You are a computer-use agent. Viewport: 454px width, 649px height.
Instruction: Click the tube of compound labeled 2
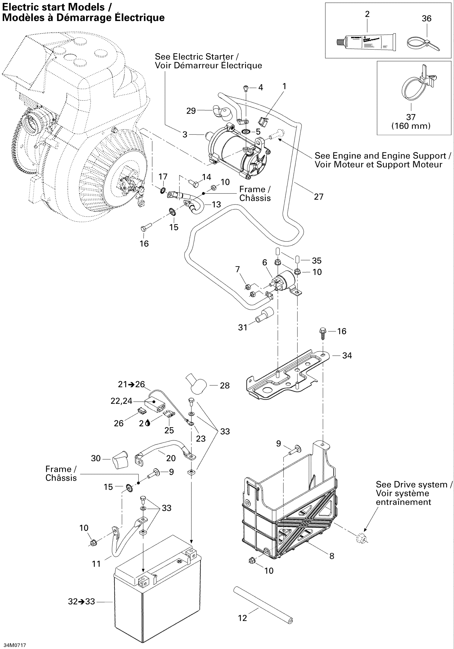pyautogui.click(x=367, y=43)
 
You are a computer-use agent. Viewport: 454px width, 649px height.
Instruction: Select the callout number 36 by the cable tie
pyautogui.click(x=426, y=19)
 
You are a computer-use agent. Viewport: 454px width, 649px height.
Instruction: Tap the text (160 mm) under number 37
pyautogui.click(x=411, y=126)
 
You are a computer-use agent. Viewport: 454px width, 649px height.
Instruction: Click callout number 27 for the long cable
pyautogui.click(x=319, y=197)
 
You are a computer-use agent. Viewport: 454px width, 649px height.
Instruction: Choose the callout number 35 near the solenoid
pyautogui.click(x=316, y=261)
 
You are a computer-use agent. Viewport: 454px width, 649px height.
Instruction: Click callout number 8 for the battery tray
pyautogui.click(x=332, y=556)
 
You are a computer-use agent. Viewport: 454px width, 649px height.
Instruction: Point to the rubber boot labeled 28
pyautogui.click(x=197, y=384)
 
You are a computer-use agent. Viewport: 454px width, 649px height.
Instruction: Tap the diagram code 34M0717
pyautogui.click(x=15, y=645)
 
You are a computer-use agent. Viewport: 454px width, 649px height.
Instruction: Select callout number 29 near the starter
pyautogui.click(x=191, y=111)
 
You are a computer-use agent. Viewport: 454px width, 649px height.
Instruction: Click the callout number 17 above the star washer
pyautogui.click(x=163, y=177)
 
